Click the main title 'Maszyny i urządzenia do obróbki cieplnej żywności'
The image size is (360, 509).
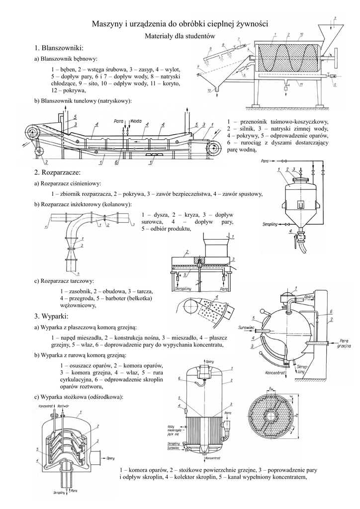coord(180,24)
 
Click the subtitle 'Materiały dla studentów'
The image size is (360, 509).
coord(180,36)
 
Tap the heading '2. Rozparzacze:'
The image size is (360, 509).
coord(58,172)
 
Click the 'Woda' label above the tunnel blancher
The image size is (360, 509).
coord(137,120)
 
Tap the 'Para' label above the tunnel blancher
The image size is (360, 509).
coord(118,120)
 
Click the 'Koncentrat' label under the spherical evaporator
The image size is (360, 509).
coord(275,372)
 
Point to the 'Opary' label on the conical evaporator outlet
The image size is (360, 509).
coord(110,458)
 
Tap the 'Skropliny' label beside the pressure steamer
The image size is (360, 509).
coord(270,224)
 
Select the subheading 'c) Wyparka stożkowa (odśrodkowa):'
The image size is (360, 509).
coord(79,397)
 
